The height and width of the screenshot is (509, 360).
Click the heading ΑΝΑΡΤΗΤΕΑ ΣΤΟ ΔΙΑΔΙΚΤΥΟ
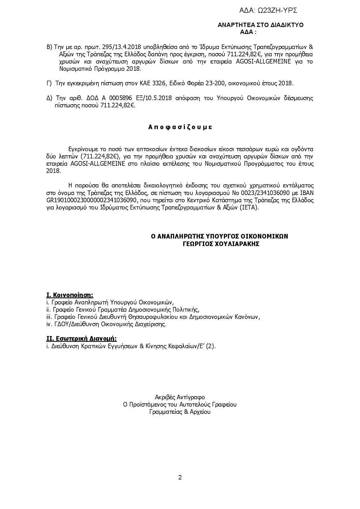260,25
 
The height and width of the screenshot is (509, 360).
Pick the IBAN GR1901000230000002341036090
92,200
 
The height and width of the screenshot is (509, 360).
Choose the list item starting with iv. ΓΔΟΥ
106,324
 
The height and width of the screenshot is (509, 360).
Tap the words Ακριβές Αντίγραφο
180,397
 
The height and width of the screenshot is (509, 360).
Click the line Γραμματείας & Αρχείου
180,412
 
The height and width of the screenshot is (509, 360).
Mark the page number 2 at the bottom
180,477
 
